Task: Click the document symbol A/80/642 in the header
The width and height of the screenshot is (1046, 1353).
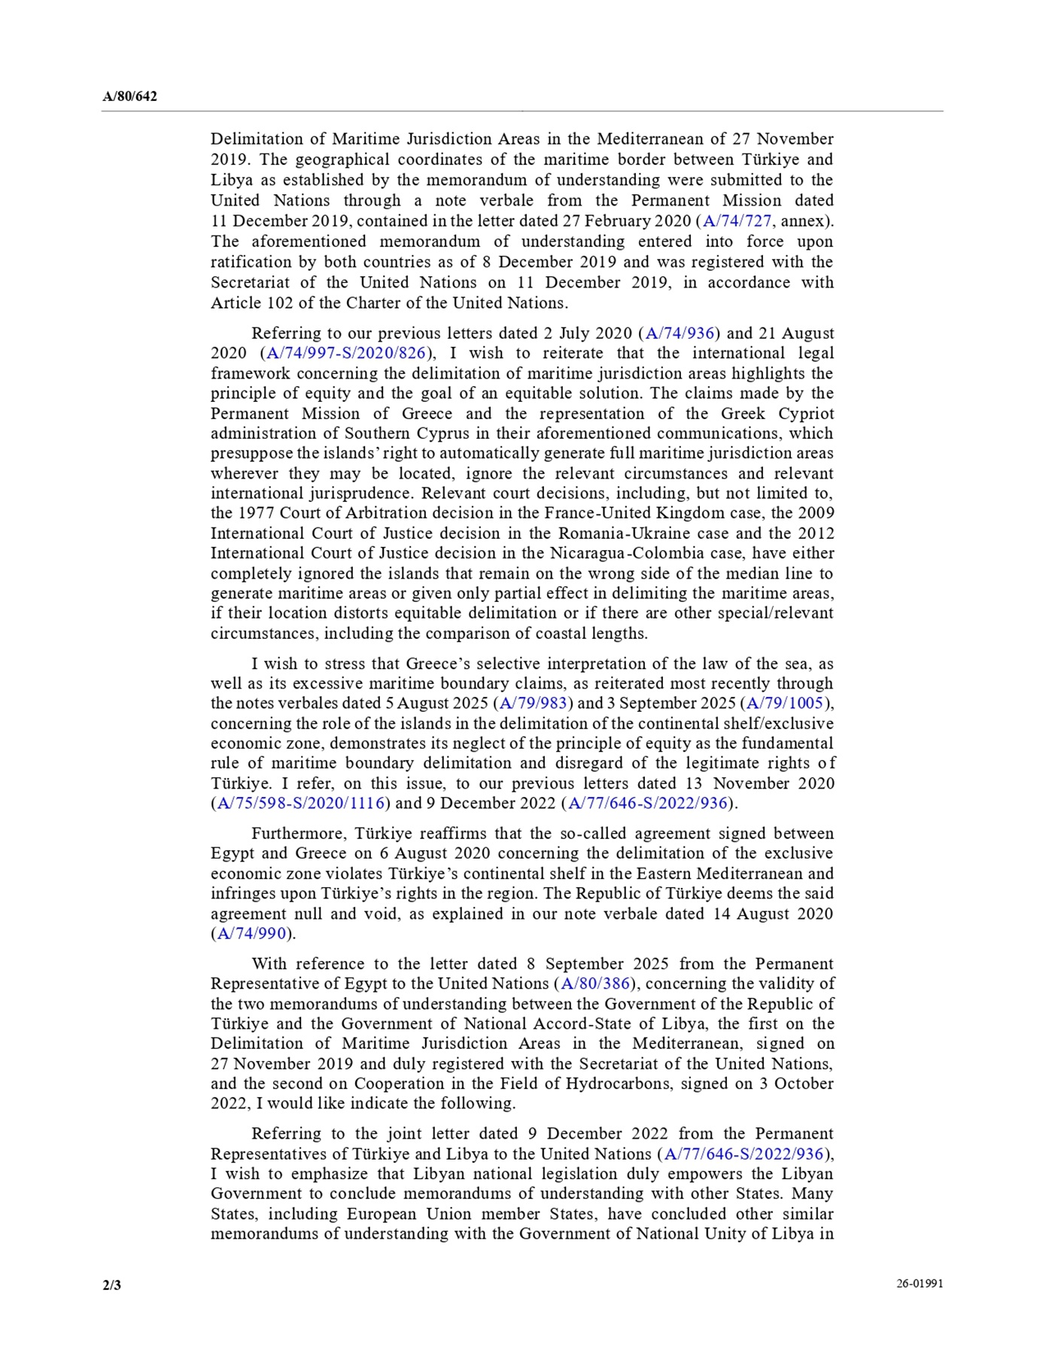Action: pos(129,96)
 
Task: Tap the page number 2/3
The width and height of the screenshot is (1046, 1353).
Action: pos(111,1285)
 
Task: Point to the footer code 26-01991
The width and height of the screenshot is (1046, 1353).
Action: pos(919,1283)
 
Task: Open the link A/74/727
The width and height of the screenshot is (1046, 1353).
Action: pos(737,221)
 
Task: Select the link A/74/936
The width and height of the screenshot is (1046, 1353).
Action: pos(680,333)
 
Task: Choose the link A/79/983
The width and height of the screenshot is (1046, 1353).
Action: pos(534,704)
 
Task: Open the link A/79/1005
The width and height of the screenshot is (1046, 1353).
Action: pos(786,704)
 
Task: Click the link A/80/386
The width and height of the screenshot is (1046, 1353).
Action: pos(595,984)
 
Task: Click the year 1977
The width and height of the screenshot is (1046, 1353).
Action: pos(255,513)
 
